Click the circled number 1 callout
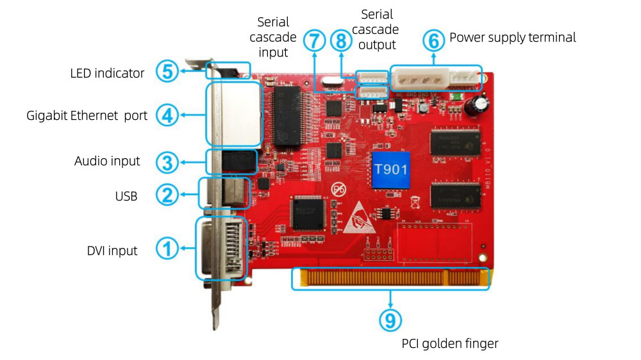[x=167, y=249]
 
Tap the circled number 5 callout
[x=167, y=72]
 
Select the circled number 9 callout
[x=392, y=318]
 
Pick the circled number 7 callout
[x=315, y=41]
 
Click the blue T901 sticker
[x=390, y=170]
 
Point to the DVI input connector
[x=222, y=249]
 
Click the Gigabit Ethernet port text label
[x=87, y=116]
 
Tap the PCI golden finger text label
[x=449, y=344]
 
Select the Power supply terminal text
[x=512, y=37]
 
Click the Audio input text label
[x=106, y=161]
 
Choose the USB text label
[x=126, y=196]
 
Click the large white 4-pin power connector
[x=418, y=81]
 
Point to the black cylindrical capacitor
[x=479, y=105]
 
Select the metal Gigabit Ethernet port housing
[x=233, y=114]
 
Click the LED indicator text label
[x=107, y=73]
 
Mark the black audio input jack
[x=231, y=161]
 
